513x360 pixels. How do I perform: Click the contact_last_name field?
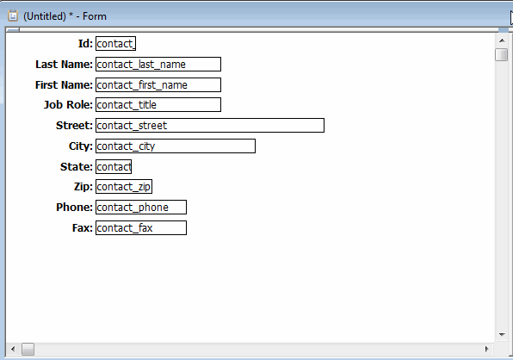pyautogui.click(x=158, y=64)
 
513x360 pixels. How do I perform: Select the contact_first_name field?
pyautogui.click(x=158, y=84)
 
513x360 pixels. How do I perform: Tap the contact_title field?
pyautogui.click(x=158, y=105)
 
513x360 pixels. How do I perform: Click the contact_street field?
pyautogui.click(x=210, y=126)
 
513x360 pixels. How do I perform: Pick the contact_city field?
pyautogui.click(x=176, y=146)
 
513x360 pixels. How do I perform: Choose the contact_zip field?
pyautogui.click(x=124, y=187)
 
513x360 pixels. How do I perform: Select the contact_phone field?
pyautogui.click(x=141, y=208)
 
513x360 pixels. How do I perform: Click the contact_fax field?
pyautogui.click(x=141, y=227)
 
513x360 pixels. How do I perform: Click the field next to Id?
pyautogui.click(x=116, y=44)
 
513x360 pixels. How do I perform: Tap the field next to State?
pyautogui.click(x=114, y=166)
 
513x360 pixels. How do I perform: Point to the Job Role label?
pyautogui.click(x=68, y=105)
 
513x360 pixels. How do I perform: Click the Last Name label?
pyautogui.click(x=64, y=64)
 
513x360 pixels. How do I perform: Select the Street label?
pyautogui.click(x=74, y=126)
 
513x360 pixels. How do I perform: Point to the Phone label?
pyautogui.click(x=74, y=208)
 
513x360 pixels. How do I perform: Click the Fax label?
pyautogui.click(x=83, y=227)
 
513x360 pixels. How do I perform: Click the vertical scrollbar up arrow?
pyautogui.click(x=502, y=40)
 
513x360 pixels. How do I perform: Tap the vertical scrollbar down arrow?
pyautogui.click(x=502, y=334)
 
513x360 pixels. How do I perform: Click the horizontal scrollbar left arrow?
pyautogui.click(x=13, y=349)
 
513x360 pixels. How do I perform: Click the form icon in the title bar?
pyautogui.click(x=13, y=16)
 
